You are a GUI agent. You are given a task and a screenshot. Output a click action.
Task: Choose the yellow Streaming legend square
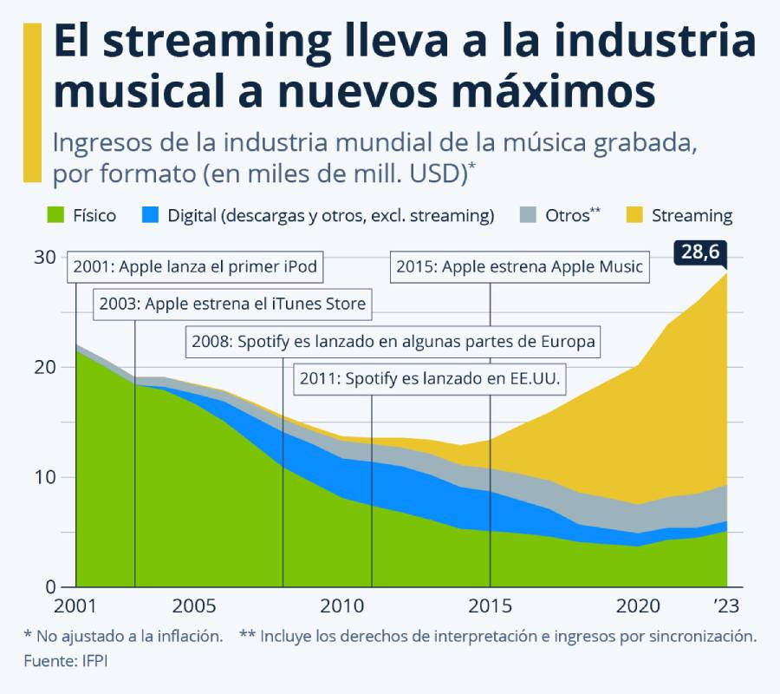[x=634, y=215]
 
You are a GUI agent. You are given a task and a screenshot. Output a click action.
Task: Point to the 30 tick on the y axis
[x=46, y=258]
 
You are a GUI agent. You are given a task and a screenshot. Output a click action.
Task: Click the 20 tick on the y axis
[x=46, y=367]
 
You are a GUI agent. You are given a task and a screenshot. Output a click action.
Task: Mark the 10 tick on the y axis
[x=46, y=477]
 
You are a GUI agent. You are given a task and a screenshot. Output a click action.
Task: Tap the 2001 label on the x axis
[x=76, y=605]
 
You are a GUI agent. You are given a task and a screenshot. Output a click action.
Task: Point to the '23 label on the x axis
[x=725, y=605]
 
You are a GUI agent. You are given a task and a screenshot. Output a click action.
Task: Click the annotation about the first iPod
[x=196, y=266]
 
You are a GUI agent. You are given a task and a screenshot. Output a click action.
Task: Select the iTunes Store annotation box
[x=231, y=304]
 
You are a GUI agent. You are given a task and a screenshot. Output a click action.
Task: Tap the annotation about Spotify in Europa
[x=393, y=342]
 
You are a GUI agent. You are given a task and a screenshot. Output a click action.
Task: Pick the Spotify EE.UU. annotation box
[x=431, y=379]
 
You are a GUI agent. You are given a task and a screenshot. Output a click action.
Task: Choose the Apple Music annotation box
[x=519, y=266]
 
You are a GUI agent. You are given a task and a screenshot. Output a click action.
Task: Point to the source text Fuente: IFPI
[x=71, y=661]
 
